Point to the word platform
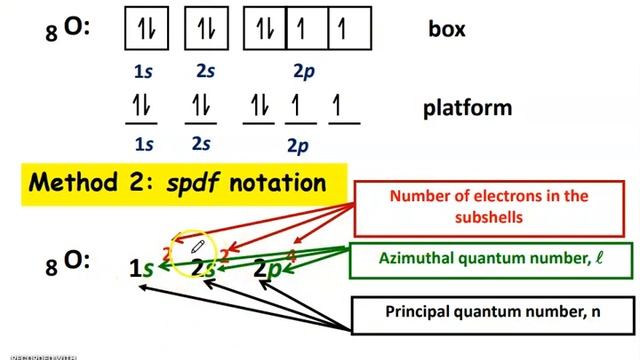(466, 107)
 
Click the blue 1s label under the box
(144, 72)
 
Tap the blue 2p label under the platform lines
(297, 146)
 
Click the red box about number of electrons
(488, 206)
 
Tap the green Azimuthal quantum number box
(491, 259)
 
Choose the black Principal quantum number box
(493, 311)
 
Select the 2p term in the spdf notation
(267, 268)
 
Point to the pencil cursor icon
(198, 246)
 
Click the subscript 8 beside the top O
(52, 35)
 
